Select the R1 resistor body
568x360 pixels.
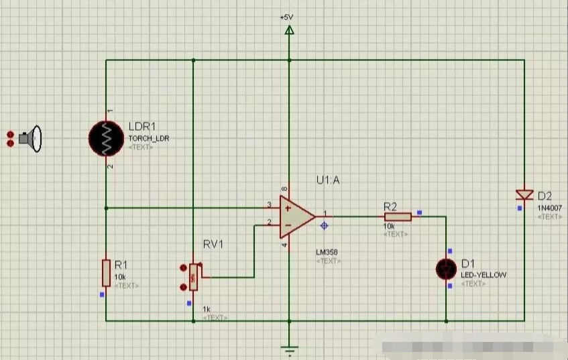pyautogui.click(x=106, y=273)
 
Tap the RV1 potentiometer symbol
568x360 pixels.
pyautogui.click(x=193, y=277)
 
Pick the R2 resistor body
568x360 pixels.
pyautogui.click(x=398, y=217)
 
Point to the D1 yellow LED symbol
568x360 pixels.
pyautogui.click(x=445, y=268)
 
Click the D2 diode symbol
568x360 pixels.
pyautogui.click(x=524, y=195)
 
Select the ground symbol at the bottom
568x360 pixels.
pyautogui.click(x=290, y=349)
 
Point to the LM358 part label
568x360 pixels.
pyautogui.click(x=327, y=253)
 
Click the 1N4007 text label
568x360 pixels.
pyautogui.click(x=549, y=208)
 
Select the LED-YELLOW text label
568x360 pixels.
pyautogui.click(x=484, y=275)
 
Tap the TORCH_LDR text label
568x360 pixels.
pyautogui.click(x=149, y=138)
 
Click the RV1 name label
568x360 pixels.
pyautogui.click(x=213, y=244)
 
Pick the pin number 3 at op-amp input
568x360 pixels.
pyautogui.click(x=269, y=204)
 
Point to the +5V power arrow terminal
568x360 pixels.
pyautogui.click(x=290, y=30)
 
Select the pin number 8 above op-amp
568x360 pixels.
pyautogui.click(x=285, y=190)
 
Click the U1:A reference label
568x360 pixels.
pyautogui.click(x=329, y=180)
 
